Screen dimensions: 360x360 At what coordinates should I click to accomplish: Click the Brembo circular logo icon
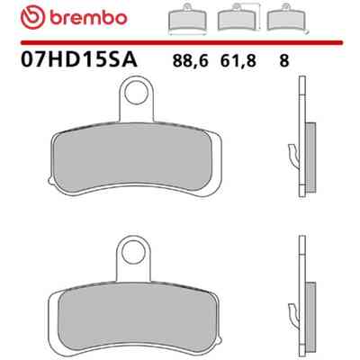pos(32,17)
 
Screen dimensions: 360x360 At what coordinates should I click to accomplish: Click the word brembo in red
pos(88,18)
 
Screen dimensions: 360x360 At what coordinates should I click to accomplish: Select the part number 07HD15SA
pos(79,59)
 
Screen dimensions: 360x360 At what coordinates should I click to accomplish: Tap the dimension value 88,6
pos(190,61)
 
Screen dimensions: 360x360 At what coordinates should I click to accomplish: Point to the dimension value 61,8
pos(238,61)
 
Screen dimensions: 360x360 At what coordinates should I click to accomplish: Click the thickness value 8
pos(283,61)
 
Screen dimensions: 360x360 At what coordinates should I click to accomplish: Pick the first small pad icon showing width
pos(187,19)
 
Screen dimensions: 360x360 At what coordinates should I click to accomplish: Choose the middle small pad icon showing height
pos(237,18)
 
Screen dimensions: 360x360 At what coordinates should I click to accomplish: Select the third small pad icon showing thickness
pos(287,18)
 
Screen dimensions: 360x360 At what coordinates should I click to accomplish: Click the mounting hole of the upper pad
pos(137,93)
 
